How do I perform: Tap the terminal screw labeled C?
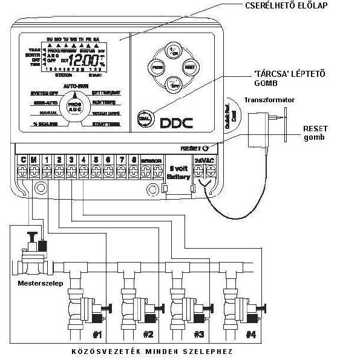coord(23,171)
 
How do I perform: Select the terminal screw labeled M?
coord(34,171)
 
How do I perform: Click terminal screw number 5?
coord(96,171)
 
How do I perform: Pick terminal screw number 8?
coord(132,171)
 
